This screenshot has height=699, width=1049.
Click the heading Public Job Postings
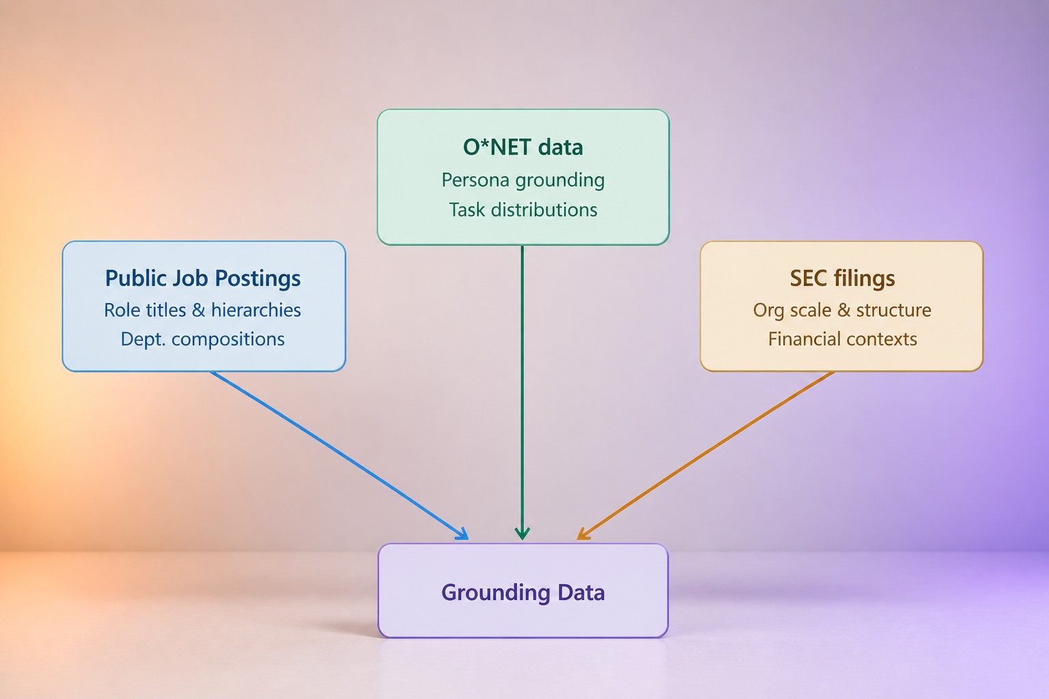203,278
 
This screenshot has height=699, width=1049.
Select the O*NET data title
523,147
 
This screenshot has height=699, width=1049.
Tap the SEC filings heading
843,278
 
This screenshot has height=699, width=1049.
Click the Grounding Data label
523,593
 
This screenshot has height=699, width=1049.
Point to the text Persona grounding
523,180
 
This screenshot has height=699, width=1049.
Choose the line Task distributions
523,210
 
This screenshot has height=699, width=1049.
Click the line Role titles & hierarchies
202,310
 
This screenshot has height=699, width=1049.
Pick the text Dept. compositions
203,339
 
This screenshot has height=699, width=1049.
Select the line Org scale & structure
842,310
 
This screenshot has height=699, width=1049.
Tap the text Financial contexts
843,339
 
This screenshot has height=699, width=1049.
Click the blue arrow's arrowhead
462,534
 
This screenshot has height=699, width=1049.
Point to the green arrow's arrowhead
522,533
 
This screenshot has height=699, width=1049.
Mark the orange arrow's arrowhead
583,534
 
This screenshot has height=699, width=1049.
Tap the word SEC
809,278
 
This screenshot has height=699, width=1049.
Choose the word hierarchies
256,310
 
